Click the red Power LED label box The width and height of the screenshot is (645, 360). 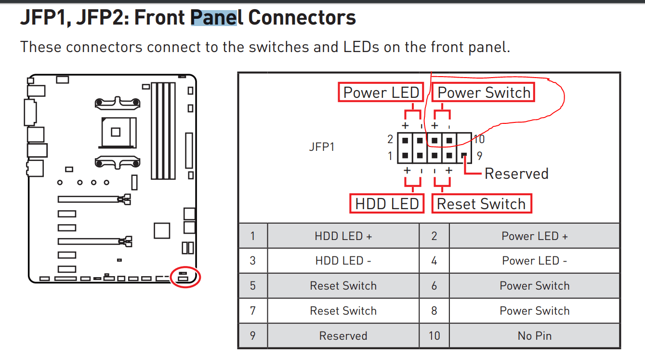[x=381, y=92]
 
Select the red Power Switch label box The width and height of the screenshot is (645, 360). [x=484, y=92]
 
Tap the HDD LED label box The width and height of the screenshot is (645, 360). [x=387, y=204]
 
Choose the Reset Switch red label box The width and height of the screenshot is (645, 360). [x=481, y=204]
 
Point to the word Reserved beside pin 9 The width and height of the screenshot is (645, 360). [x=516, y=173]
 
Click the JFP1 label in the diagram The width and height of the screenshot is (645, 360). [x=322, y=147]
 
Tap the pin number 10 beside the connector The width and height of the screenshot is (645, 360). [x=479, y=139]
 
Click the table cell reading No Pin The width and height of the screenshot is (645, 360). [x=534, y=336]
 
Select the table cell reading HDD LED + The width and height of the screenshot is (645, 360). [x=343, y=236]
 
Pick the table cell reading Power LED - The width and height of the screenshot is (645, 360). [x=534, y=261]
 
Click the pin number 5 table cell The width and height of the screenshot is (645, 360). [x=253, y=286]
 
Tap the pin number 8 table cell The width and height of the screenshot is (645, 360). [x=434, y=311]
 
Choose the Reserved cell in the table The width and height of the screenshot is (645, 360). [x=343, y=336]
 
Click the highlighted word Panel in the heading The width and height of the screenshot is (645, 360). [x=214, y=17]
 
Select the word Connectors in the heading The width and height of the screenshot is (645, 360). [x=302, y=17]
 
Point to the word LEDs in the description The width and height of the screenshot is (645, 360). [x=361, y=47]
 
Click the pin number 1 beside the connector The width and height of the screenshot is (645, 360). [x=390, y=156]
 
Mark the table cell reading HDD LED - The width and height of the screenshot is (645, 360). [x=343, y=261]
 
